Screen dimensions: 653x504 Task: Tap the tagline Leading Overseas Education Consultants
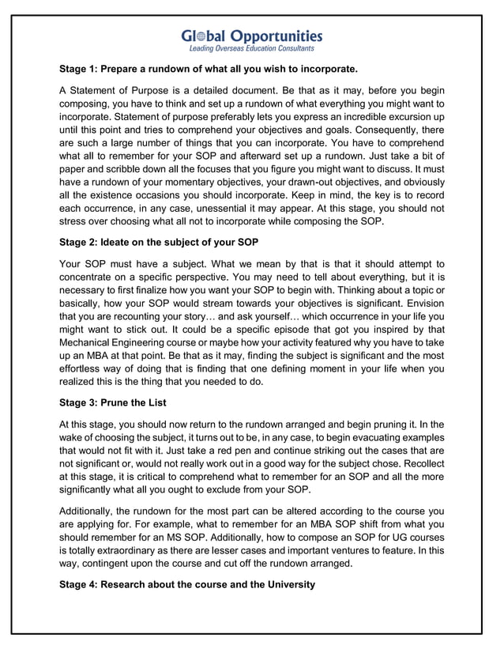pyautogui.click(x=252, y=49)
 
